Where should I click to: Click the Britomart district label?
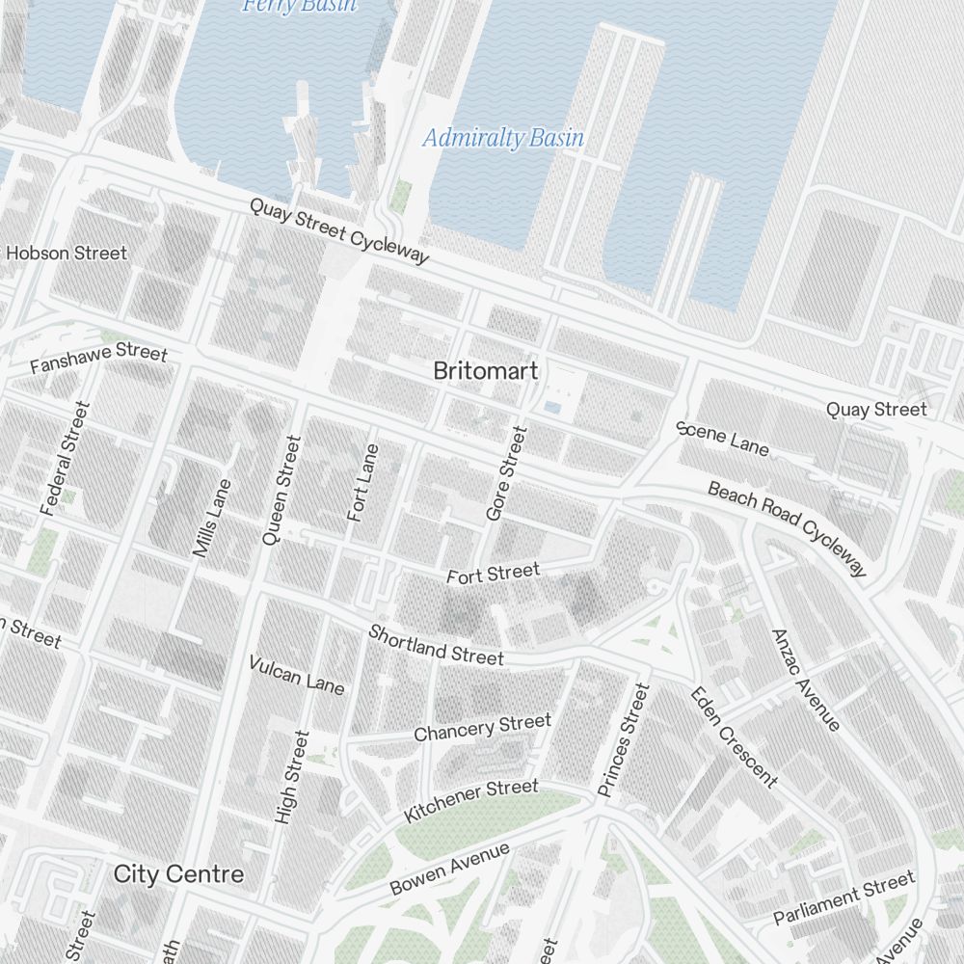485,371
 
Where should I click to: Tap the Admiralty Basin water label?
503,138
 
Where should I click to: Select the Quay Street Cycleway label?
338,230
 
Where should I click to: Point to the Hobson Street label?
66,254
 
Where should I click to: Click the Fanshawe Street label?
98,359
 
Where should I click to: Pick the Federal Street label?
65,458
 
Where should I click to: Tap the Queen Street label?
281,490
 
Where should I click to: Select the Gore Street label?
507,474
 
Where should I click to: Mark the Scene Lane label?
723,438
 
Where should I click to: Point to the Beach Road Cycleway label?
788,529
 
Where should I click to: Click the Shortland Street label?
436,645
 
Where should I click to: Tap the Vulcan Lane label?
296,674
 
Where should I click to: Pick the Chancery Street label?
482,728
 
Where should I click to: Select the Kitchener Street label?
470,801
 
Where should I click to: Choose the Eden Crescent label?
733,736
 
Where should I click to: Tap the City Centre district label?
178,874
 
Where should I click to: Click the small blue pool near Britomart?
552,408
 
